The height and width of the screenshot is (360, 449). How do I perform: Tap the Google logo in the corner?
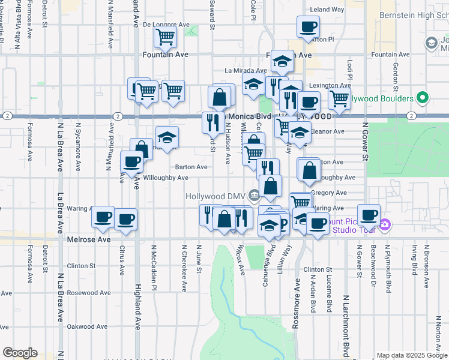20,353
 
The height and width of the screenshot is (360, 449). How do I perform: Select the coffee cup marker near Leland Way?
308,27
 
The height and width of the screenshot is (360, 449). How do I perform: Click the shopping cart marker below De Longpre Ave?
165,37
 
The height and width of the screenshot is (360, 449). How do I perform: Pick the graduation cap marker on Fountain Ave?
281,61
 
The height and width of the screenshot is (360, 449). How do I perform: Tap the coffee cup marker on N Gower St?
369,215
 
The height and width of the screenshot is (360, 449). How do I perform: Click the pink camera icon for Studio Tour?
385,226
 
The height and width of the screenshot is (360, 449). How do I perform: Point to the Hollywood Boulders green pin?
423,98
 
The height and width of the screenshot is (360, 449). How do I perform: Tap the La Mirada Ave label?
246,70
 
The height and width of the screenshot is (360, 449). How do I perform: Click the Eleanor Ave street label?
329,131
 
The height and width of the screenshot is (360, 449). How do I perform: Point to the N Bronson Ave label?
427,265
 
